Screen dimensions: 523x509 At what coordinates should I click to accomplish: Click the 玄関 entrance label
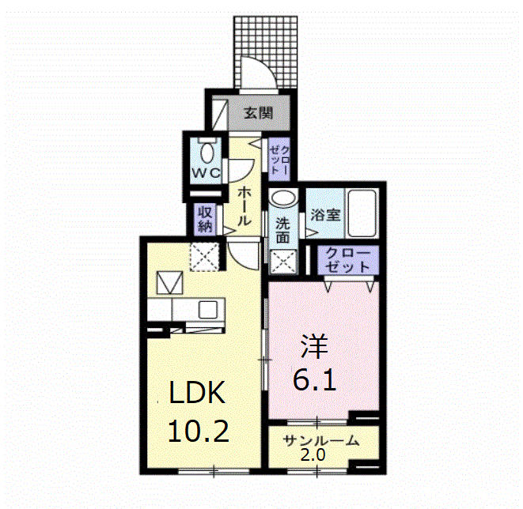point(259,113)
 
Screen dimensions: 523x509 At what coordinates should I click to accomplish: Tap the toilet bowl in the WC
point(207,153)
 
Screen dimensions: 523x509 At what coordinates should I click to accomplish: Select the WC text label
point(206,173)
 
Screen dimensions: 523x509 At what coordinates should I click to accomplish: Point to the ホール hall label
point(244,206)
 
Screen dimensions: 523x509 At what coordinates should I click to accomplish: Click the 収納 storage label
point(206,220)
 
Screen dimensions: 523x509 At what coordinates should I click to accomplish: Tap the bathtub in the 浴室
point(362,213)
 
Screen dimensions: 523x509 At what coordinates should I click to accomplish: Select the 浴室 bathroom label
point(325,215)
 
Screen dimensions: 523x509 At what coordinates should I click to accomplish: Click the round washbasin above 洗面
point(283,197)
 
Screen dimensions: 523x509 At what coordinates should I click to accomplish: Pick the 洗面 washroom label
point(282,231)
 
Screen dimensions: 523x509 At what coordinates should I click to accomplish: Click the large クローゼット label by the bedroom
point(347,260)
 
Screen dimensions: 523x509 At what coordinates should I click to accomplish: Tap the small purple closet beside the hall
point(279,160)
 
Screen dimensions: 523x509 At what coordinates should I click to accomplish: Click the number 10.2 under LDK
point(199,431)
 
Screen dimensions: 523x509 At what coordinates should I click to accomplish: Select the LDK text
point(197,392)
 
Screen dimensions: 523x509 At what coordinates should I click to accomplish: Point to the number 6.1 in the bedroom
point(315,379)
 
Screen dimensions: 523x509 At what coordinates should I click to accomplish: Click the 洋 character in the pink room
point(315,346)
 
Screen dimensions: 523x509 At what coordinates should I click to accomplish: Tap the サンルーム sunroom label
point(321,441)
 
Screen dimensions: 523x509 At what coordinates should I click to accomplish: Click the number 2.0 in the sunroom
point(313,455)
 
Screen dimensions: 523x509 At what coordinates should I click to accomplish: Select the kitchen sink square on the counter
point(208,310)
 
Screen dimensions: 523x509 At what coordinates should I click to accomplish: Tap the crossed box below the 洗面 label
point(283,262)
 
